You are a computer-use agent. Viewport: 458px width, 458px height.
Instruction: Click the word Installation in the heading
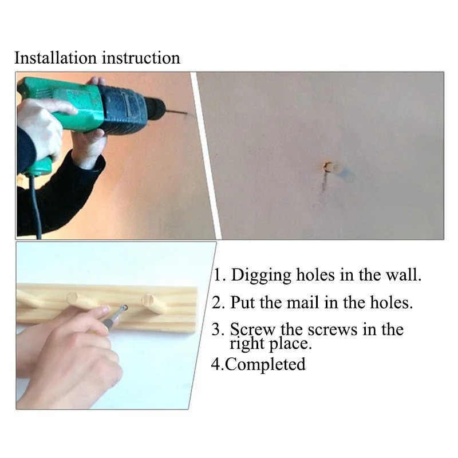(x=55, y=58)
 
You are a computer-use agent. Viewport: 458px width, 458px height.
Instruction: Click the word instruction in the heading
(x=141, y=58)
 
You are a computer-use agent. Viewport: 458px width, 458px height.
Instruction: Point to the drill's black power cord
(x=35, y=204)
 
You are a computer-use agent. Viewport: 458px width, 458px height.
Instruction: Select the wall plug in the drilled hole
(x=333, y=168)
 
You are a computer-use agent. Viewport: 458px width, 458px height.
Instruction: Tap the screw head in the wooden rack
(x=125, y=307)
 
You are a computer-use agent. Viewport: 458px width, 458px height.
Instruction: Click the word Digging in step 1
(x=261, y=275)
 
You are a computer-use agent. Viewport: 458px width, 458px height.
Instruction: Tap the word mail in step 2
(x=302, y=302)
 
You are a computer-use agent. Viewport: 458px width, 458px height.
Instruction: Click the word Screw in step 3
(x=252, y=330)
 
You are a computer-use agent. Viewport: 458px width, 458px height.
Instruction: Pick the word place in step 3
(x=290, y=344)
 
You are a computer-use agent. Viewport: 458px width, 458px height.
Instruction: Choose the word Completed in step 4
(x=265, y=365)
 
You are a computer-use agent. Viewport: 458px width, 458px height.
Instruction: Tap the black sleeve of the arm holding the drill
(x=58, y=190)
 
